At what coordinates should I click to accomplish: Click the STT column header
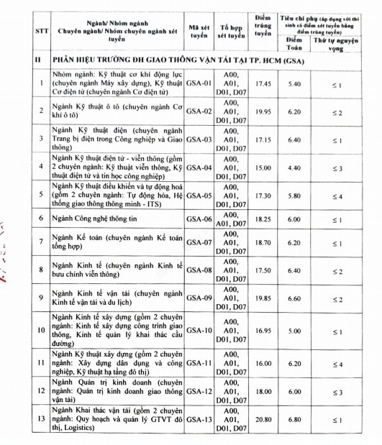[41, 31]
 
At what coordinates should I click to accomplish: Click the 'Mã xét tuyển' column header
[199, 31]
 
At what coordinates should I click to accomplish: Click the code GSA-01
[199, 83]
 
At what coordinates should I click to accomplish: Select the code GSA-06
[199, 218]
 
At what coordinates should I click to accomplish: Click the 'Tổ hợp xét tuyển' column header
[232, 31]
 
